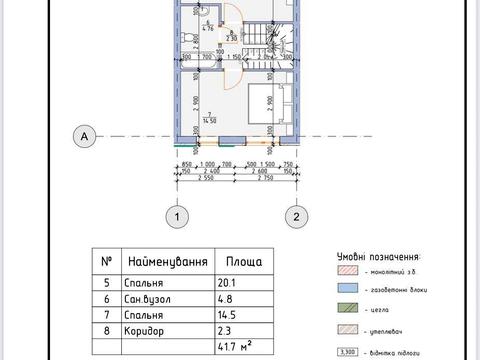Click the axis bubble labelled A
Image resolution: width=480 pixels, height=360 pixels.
pos(87,135)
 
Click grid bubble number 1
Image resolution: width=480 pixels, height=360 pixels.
pos(176,215)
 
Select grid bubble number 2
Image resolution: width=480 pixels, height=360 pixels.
pos(296,215)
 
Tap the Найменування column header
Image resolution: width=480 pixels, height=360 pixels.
pos(167,263)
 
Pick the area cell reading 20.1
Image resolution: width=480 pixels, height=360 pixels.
pos(228,281)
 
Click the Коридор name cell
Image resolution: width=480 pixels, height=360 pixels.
pos(144,329)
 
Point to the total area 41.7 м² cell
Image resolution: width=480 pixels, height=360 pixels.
pos(236,346)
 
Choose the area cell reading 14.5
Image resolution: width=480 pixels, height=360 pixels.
pos(228,313)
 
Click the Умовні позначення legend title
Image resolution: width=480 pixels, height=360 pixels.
pos(378,256)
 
